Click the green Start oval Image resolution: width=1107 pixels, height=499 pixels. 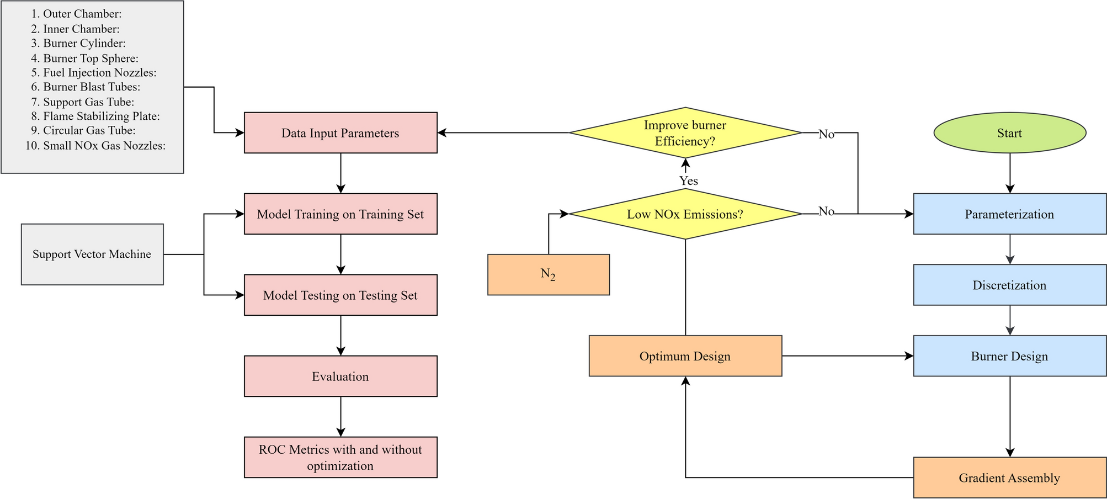1009,133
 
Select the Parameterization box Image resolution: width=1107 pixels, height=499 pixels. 1009,214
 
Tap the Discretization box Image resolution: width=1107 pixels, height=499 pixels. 1009,285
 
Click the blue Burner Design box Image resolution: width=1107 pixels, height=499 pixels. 1009,356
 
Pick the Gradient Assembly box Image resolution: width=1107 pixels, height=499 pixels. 1009,477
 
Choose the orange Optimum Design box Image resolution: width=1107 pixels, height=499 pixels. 685,356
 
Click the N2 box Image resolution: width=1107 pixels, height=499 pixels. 548,274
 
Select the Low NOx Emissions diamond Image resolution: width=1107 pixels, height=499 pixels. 685,214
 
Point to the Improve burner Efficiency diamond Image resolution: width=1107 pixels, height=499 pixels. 685,133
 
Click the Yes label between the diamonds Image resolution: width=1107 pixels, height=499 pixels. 688,181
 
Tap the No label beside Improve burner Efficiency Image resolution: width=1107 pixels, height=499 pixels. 826,134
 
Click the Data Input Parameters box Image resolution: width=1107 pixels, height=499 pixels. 340,133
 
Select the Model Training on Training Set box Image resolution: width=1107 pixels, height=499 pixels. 340,214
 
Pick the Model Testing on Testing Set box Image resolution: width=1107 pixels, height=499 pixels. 340,295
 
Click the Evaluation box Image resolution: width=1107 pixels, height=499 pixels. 340,376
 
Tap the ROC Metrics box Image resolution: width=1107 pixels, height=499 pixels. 340,458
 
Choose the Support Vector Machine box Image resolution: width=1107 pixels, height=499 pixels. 92,254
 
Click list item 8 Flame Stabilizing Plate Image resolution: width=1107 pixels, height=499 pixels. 101,116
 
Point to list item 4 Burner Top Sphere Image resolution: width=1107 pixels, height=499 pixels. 91,59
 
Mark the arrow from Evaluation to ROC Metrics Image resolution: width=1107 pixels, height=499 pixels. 340,417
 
